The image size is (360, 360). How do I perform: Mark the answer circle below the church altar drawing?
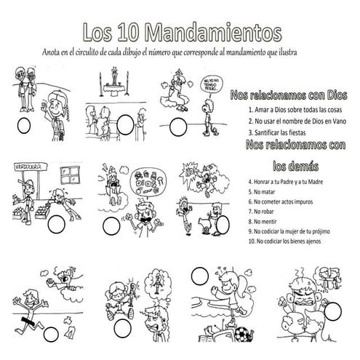pos(125,121)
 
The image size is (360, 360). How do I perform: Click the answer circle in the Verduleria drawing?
pos(55,225)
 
